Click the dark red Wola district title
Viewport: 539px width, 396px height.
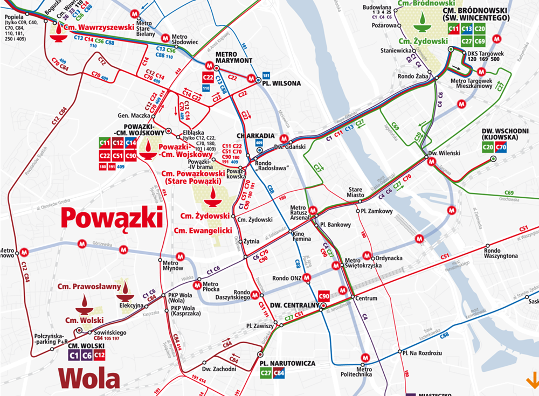89,378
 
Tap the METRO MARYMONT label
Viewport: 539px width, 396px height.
234,58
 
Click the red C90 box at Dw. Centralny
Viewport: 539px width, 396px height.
324,296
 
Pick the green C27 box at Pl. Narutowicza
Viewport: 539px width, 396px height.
266,373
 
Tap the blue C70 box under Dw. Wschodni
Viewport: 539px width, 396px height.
501,147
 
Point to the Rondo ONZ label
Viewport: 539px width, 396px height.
284,278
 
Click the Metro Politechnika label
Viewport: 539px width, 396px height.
356,372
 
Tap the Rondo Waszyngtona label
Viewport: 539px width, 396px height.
501,253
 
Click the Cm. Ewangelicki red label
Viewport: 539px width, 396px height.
203,231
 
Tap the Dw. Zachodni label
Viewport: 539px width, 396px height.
219,369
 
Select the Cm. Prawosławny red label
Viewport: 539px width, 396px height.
89,287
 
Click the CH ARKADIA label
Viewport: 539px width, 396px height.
253,136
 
